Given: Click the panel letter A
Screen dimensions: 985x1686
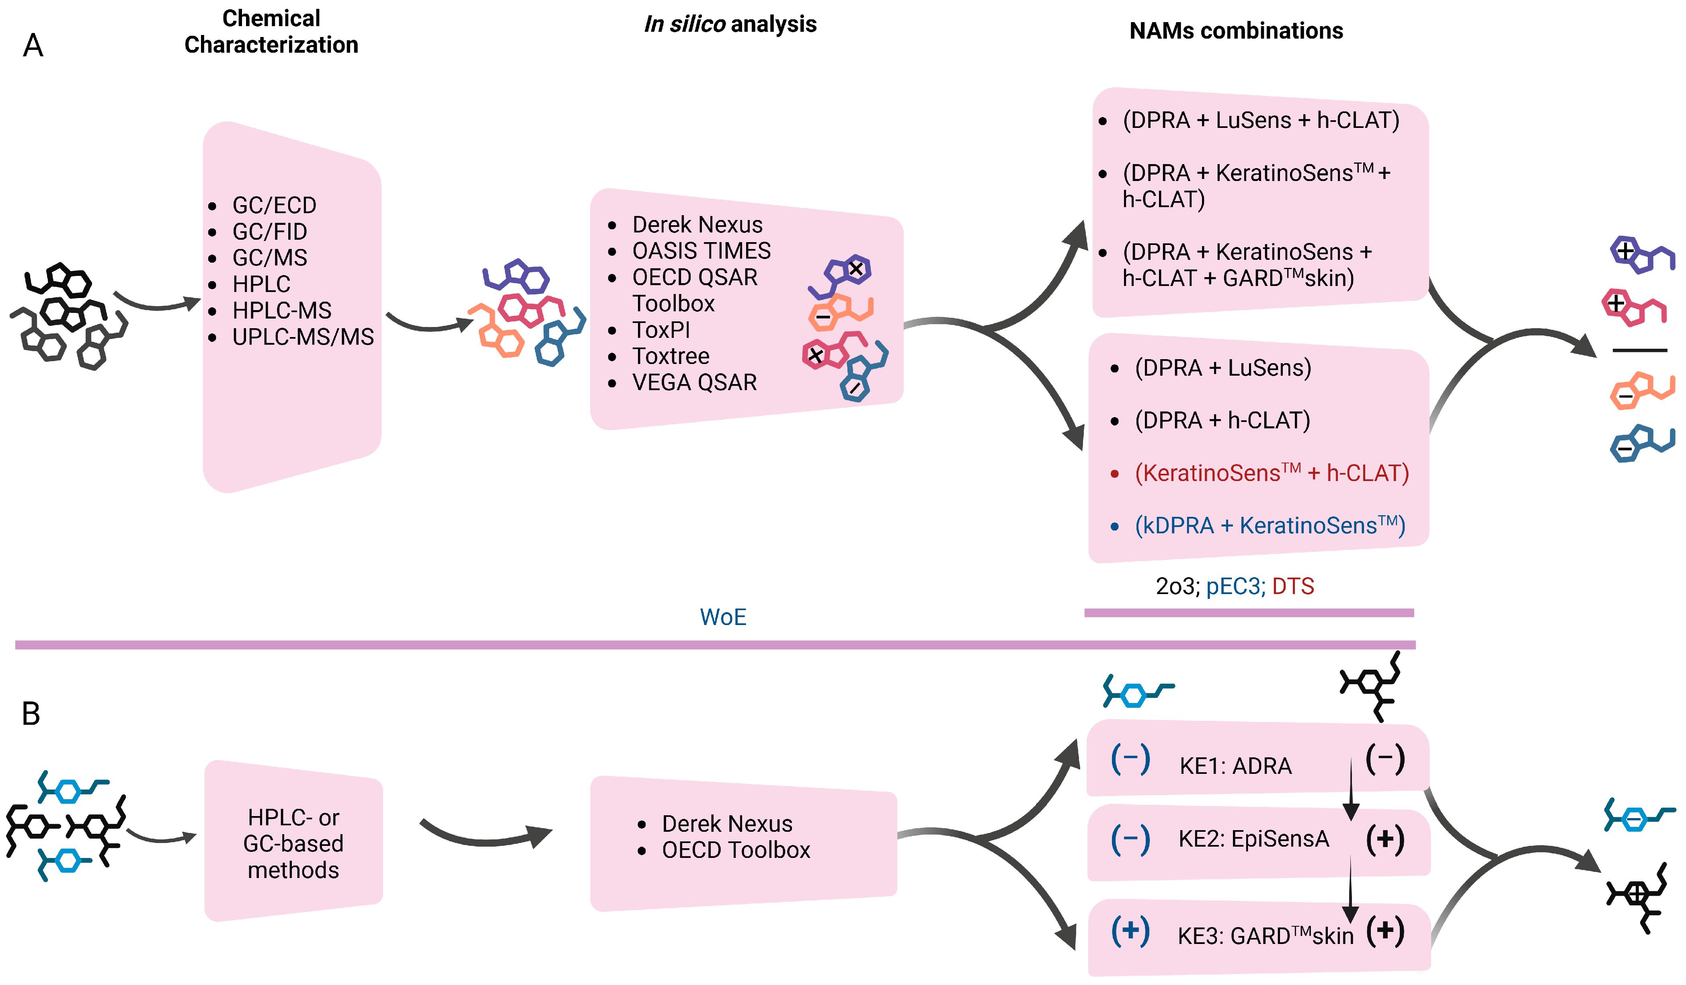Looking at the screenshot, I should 33,45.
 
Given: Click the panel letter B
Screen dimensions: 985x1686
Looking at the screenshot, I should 31,714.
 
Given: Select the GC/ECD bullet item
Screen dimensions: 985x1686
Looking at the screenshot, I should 274,205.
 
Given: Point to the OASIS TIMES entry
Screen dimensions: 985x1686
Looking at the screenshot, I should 701,251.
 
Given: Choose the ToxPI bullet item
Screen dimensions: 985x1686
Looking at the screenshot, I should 661,330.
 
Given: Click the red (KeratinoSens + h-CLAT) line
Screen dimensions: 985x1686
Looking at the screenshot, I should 1271,473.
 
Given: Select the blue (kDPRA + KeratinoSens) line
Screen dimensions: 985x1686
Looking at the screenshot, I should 1270,525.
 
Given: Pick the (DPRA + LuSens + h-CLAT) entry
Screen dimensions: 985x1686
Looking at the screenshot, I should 1261,120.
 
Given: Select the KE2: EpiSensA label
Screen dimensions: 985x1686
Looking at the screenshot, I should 1253,839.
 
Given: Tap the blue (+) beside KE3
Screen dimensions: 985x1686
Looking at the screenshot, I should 1130,931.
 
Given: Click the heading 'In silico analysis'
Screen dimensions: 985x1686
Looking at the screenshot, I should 730,24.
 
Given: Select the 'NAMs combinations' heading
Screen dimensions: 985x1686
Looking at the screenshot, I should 1236,31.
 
